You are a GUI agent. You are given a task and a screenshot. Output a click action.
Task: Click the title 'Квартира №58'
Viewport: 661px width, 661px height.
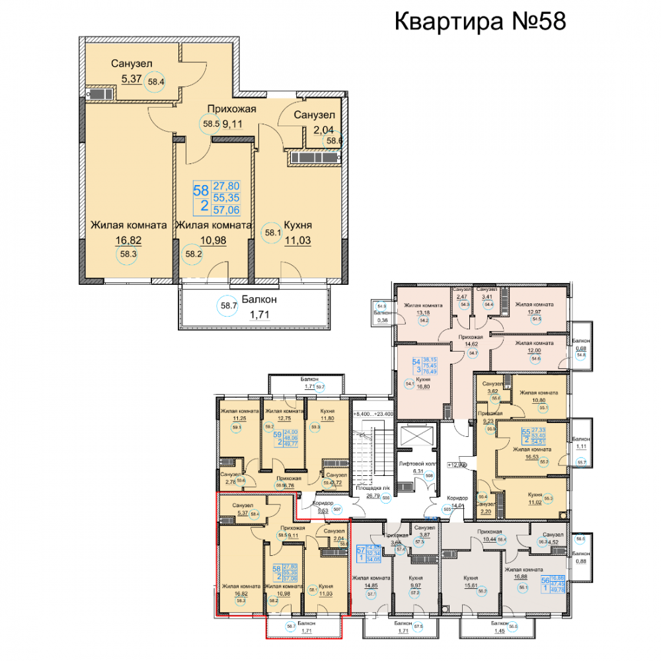point(480,21)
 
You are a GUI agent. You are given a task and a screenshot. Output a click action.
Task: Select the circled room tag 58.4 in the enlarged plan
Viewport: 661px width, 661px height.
point(157,83)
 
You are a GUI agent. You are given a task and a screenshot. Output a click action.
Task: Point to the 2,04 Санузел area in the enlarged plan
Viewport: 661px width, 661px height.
point(314,130)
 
